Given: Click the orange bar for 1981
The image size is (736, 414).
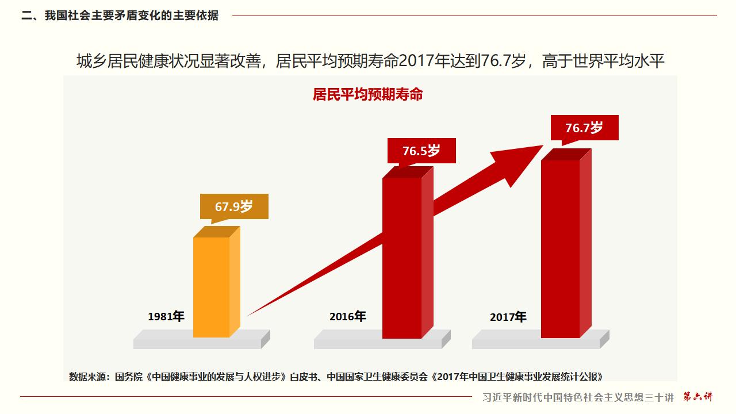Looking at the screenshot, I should click(x=211, y=286).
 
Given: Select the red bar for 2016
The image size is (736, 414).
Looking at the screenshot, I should click(x=402, y=257).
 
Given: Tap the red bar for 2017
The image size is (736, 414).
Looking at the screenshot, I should click(x=561, y=248).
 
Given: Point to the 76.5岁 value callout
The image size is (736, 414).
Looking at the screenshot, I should click(x=421, y=151).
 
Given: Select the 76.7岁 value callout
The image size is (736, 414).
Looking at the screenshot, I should click(x=584, y=127).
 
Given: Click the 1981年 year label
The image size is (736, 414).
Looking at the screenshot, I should click(x=166, y=316).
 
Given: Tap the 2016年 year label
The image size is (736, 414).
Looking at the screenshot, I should click(x=347, y=316).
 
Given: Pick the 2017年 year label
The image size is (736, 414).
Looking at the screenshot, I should click(x=508, y=317).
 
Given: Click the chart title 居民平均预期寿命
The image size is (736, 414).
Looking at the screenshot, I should click(x=368, y=95).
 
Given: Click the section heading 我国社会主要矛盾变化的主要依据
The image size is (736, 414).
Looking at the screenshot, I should click(x=132, y=16).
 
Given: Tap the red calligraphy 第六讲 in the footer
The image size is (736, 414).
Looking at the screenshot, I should click(x=697, y=397).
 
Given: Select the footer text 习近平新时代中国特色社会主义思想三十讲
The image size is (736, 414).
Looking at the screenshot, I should click(x=578, y=397).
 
